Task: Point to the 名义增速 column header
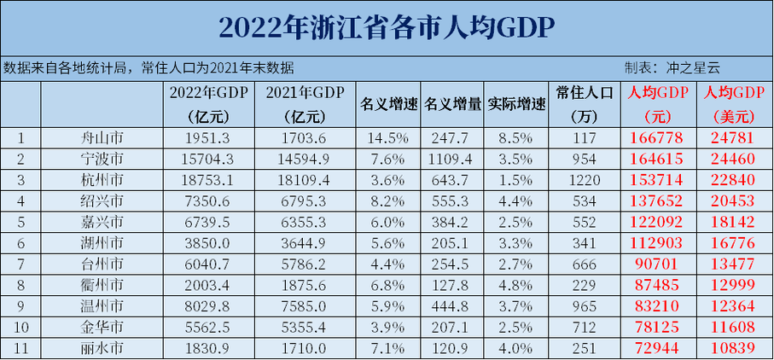(388, 104)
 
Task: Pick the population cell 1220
(585, 180)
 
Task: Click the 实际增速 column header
(516, 104)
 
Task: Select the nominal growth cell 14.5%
(388, 138)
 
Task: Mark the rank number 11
(21, 347)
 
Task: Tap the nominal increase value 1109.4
(451, 159)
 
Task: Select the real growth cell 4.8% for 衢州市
(516, 284)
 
